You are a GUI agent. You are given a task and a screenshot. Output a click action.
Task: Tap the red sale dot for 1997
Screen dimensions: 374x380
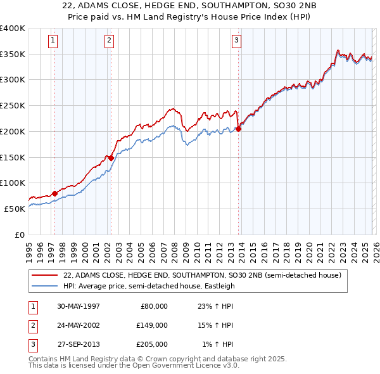pyautogui.click(x=54, y=193)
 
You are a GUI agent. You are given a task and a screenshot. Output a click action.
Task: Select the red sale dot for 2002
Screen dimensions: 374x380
pyautogui.click(x=111, y=158)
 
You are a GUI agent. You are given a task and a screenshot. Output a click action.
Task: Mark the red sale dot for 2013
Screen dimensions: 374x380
pyautogui.click(x=239, y=129)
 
